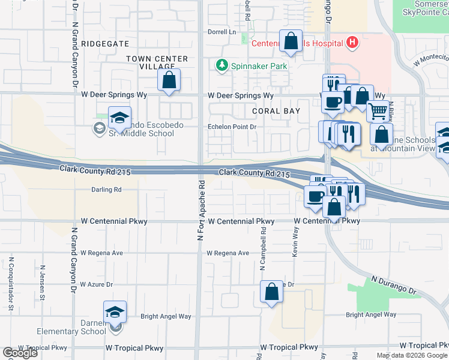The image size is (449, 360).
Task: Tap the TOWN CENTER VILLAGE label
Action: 157,63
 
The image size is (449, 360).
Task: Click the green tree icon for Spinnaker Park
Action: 222,64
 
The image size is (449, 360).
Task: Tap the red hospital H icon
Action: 353,43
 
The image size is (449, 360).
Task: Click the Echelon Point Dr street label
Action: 232,127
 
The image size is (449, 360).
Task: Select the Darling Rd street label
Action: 106,190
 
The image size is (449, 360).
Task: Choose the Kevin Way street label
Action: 295,241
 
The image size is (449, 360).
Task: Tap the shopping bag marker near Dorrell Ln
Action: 291,42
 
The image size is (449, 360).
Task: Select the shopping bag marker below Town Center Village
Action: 169,79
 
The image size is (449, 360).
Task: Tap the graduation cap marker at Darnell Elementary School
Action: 115,312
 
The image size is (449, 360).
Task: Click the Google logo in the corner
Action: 20,353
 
